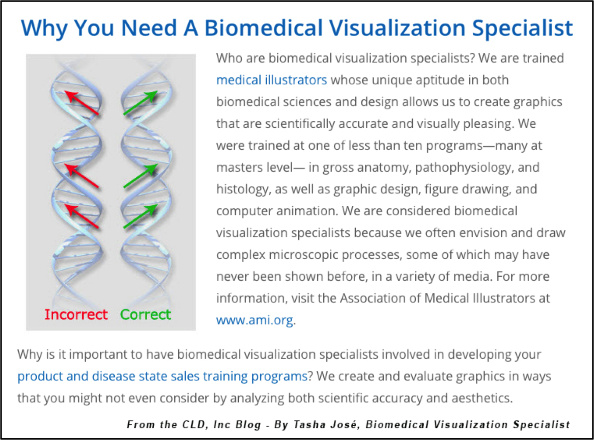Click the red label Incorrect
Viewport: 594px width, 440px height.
pyautogui.click(x=76, y=314)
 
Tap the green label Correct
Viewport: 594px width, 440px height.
pyautogui.click(x=145, y=314)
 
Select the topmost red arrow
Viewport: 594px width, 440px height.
pyautogui.click(x=82, y=103)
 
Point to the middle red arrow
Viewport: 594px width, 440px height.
pyautogui.click(x=82, y=176)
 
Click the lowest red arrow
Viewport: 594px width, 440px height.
pyautogui.click(x=82, y=216)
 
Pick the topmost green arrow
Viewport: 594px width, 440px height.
pyautogui.click(x=141, y=103)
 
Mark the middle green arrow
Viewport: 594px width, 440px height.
pyautogui.click(x=141, y=176)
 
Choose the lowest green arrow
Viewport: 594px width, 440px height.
pyautogui.click(x=141, y=216)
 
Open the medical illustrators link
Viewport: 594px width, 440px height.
pyautogui.click(x=272, y=80)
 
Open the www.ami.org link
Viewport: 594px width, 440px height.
pyautogui.click(x=254, y=320)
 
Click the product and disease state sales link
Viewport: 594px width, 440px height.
pyautogui.click(x=162, y=376)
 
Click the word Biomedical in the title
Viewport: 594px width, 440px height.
pyautogui.click(x=263, y=28)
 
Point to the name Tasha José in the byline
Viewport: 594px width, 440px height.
pyautogui.click(x=327, y=425)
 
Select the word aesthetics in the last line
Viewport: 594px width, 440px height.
pyautogui.click(x=482, y=398)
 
